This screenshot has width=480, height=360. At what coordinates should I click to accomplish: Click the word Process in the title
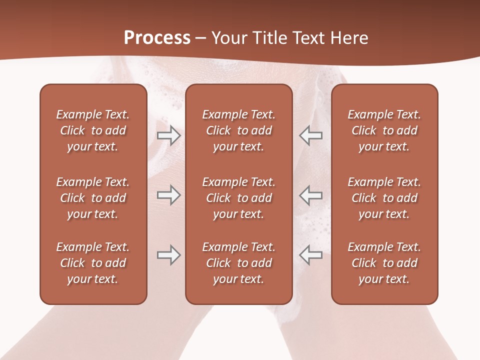pyautogui.click(x=157, y=38)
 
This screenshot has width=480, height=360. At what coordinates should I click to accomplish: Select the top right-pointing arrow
pyautogui.click(x=168, y=135)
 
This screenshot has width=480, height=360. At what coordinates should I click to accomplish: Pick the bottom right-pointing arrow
pyautogui.click(x=168, y=255)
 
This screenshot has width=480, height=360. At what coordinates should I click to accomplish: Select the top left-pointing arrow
pyautogui.click(x=310, y=135)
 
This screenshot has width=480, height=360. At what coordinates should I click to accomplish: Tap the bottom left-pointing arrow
pyautogui.click(x=310, y=255)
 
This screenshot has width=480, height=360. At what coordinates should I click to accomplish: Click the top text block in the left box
pyautogui.click(x=93, y=130)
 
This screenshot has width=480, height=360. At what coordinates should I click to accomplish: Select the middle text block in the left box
pyautogui.click(x=93, y=198)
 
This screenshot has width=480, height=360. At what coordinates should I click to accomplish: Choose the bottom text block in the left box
pyautogui.click(x=93, y=263)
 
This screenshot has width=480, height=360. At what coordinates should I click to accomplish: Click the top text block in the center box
pyautogui.click(x=238, y=130)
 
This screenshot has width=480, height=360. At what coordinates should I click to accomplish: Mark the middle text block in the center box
pyautogui.click(x=238, y=198)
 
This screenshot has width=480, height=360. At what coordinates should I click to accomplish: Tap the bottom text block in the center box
pyautogui.click(x=238, y=263)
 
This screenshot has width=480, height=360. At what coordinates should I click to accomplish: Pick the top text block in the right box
pyautogui.click(x=384, y=130)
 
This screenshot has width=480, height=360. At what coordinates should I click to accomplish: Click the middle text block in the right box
pyautogui.click(x=384, y=198)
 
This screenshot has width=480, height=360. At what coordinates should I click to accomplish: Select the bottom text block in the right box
pyautogui.click(x=384, y=263)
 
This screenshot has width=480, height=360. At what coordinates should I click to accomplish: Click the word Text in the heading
pyautogui.click(x=308, y=38)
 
